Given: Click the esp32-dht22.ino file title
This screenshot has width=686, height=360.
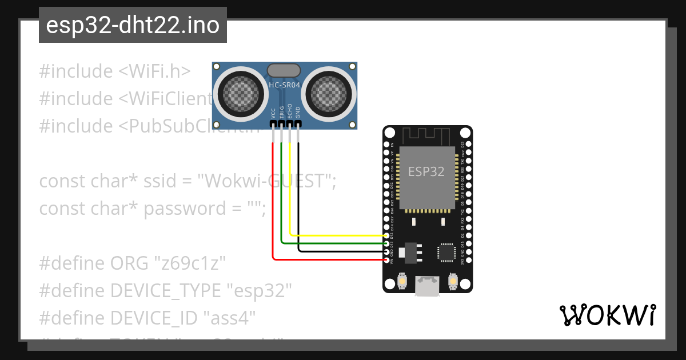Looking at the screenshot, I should (x=133, y=26).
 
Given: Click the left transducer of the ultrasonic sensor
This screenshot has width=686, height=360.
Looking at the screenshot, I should (x=236, y=91).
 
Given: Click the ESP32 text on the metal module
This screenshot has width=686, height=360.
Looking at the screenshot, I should (x=426, y=171).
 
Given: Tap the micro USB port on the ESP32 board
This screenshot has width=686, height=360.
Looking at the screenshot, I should (x=427, y=286).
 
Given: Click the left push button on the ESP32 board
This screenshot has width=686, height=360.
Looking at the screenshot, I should (x=402, y=282).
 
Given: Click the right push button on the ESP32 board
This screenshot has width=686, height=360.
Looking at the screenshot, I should (x=452, y=282).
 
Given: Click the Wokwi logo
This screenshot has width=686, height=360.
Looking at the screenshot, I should (x=607, y=315).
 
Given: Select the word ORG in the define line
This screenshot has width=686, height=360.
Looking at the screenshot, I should (x=130, y=263).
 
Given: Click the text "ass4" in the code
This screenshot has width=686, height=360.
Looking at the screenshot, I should (x=232, y=318).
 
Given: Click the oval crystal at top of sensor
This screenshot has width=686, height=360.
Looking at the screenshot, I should (x=284, y=70).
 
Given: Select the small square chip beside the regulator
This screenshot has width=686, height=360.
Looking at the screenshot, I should (x=446, y=252).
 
